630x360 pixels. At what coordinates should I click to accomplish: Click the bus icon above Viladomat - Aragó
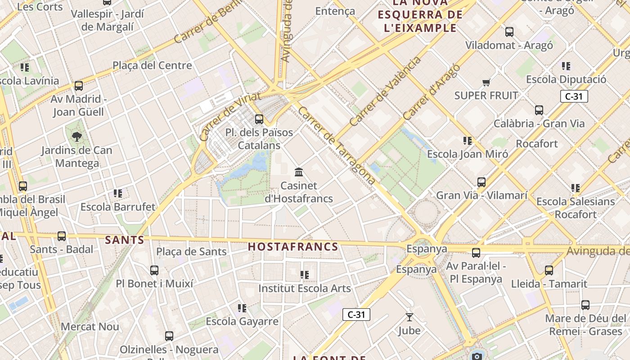coord(509,32)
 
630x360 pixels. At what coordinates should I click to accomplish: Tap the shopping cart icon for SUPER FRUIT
coord(486,82)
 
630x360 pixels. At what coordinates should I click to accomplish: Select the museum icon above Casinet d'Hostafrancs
coord(298,172)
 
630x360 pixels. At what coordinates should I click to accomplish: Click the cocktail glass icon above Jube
coord(409,317)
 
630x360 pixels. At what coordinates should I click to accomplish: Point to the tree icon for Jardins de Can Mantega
coord(77,136)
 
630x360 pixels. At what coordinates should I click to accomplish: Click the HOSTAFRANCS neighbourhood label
coord(293,247)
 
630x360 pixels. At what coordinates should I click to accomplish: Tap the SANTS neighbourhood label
coord(125,240)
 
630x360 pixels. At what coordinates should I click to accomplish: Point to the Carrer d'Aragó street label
coord(432,92)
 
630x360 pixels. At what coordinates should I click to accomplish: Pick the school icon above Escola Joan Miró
coord(468,141)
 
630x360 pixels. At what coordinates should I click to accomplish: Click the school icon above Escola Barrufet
coord(118,193)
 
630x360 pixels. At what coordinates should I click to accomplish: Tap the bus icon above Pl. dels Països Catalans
coord(259,119)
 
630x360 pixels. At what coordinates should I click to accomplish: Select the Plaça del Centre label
coord(152,66)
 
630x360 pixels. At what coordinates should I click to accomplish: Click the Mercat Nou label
coord(90,327)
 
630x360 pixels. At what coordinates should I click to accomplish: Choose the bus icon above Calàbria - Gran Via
coord(539,110)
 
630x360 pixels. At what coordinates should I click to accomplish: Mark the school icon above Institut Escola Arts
coord(305,274)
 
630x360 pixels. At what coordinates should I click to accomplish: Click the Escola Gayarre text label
coord(242,322)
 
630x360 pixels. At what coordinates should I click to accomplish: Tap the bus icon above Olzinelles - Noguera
coord(169,336)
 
